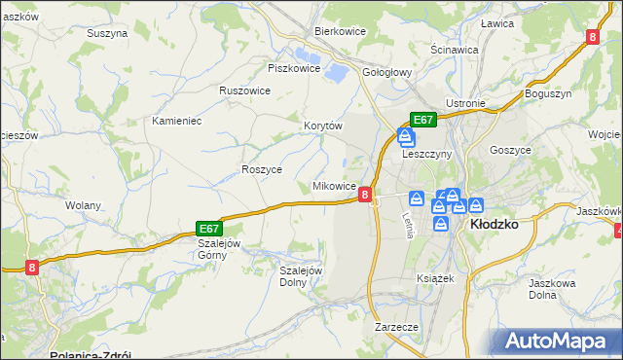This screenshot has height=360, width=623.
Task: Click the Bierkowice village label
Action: pos(339,31)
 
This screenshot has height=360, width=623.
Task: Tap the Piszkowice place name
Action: pos(294,68)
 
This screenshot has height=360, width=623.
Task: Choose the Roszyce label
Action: pos(261,168)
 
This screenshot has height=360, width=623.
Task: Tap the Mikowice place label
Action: pos(333,186)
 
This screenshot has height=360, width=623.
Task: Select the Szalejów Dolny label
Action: pos(301,276)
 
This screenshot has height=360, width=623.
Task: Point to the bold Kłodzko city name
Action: pos(494,223)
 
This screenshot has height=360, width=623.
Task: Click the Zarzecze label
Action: pos(396,328)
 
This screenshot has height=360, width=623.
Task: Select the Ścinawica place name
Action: pos(454,49)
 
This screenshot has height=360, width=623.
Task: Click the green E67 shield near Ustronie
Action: pos(422,120)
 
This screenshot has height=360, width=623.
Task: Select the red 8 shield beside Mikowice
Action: pos(365,195)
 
